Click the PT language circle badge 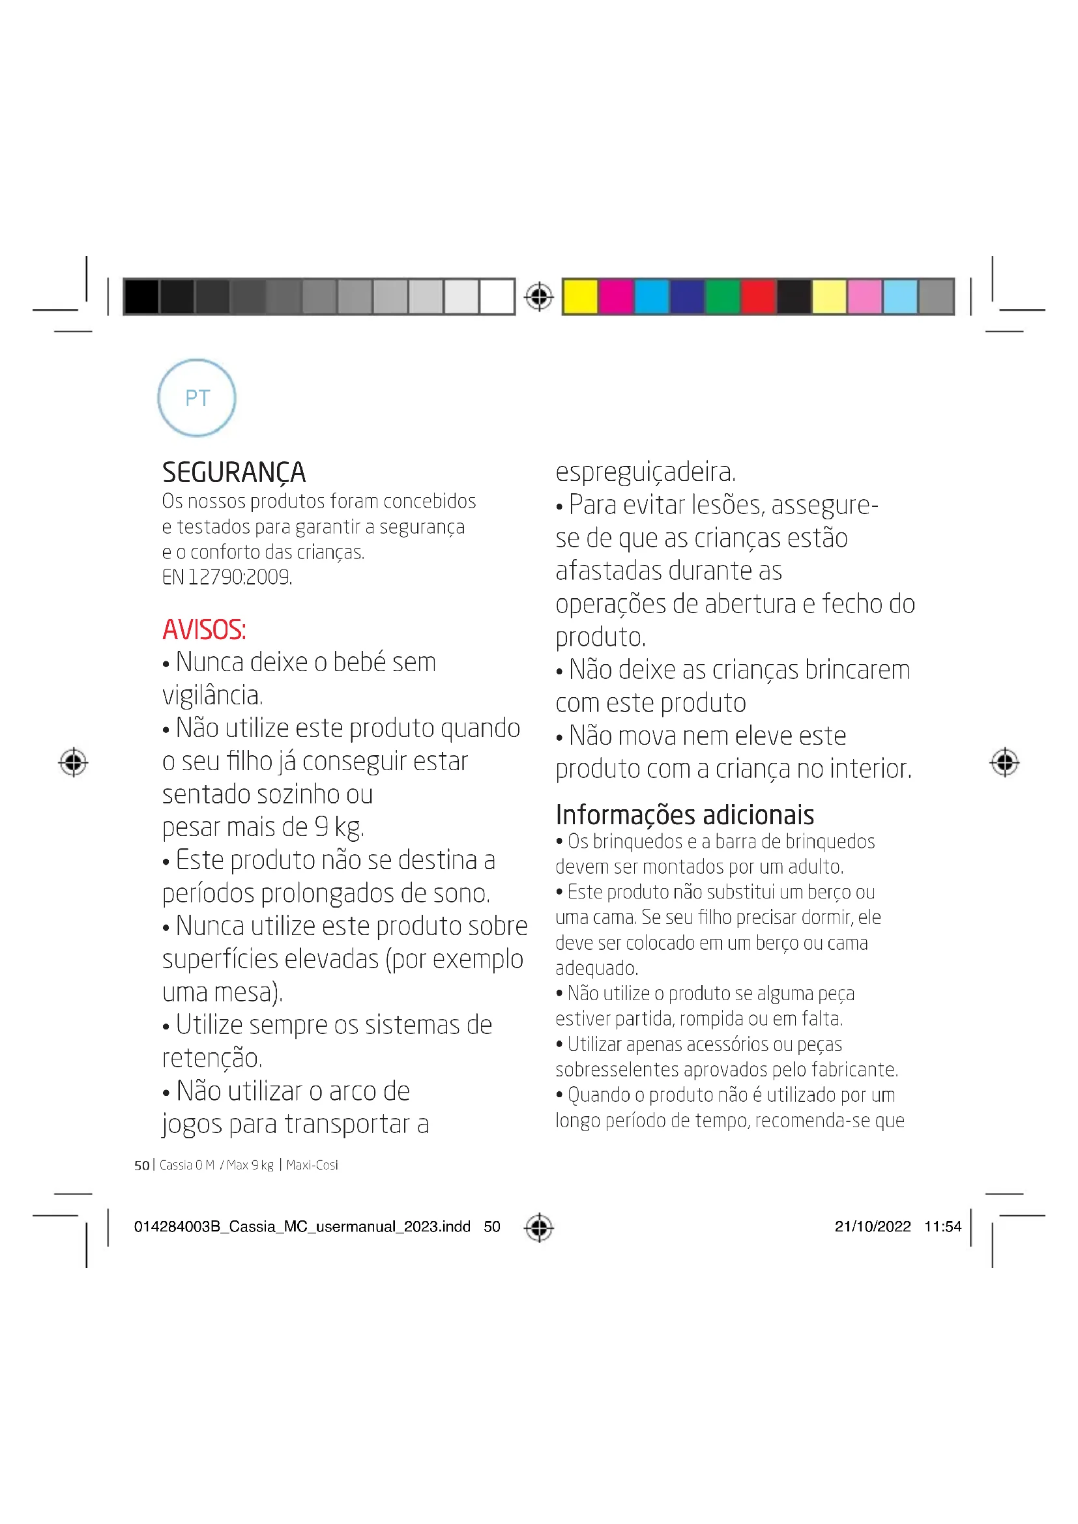(x=196, y=397)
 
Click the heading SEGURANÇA (x=234, y=472)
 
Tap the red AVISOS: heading (x=204, y=629)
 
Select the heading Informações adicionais (x=684, y=814)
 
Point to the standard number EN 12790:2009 (x=226, y=577)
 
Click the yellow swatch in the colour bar (x=580, y=296)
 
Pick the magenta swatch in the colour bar (x=615, y=296)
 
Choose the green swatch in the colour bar (x=722, y=296)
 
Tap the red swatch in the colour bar (x=758, y=296)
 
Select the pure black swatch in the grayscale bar (x=141, y=296)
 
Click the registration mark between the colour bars (x=538, y=296)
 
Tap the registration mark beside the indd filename (x=538, y=1227)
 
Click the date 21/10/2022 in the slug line (x=872, y=1226)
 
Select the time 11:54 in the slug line (x=942, y=1226)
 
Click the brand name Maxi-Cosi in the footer (x=312, y=1165)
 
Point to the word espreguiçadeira (x=645, y=472)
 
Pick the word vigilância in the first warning (x=212, y=695)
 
